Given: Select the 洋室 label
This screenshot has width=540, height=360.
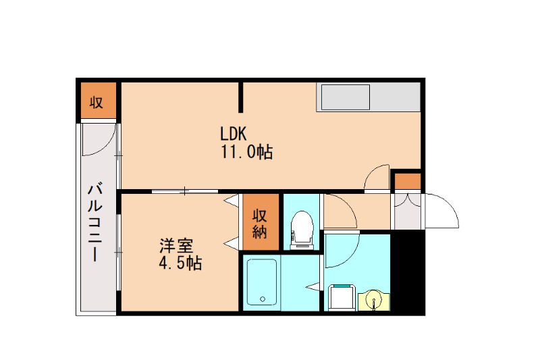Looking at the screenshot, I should coord(174,245).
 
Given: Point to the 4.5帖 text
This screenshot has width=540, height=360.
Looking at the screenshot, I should coord(180,263).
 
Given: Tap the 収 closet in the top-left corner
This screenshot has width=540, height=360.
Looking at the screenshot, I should coord(97,103).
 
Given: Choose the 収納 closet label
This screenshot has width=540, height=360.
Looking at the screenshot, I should coord(261,224).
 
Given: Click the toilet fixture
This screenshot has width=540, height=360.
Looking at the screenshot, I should coord(301,226).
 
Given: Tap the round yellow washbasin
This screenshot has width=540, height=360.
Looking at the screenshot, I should coord(373,299).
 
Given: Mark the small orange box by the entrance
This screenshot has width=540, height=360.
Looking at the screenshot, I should coord(407,182).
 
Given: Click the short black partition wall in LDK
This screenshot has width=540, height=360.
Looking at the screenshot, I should coord(240,97).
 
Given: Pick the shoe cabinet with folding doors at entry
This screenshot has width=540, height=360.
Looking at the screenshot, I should coord(407,211).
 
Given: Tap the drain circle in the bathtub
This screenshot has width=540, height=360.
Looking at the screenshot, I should coord(261,300).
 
